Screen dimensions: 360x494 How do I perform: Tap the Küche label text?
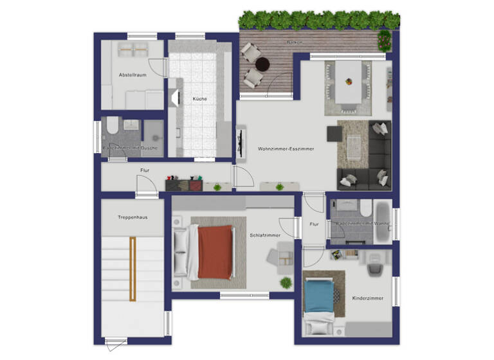(199, 98)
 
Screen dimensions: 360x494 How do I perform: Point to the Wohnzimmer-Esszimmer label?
(286, 148)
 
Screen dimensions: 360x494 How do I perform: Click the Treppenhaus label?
(133, 217)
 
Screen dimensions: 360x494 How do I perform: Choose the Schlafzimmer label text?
(265, 235)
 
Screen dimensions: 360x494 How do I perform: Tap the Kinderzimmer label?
(368, 299)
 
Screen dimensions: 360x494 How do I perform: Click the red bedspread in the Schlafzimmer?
(214, 252)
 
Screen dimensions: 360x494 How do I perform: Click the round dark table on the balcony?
(262, 64)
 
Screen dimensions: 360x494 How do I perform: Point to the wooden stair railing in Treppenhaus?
(133, 268)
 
